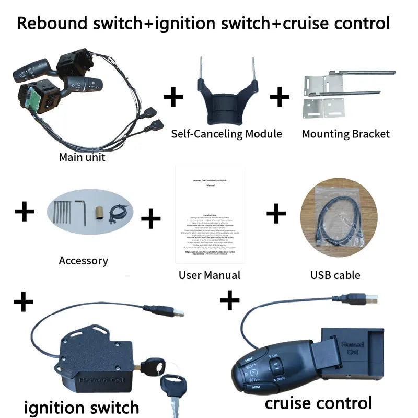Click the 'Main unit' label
[x=82, y=157]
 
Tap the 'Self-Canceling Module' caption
[x=226, y=134]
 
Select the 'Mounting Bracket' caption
[x=345, y=134]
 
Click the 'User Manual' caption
[x=209, y=275]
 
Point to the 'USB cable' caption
[x=335, y=275]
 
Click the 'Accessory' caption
[x=83, y=260]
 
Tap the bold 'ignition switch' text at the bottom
[x=82, y=407]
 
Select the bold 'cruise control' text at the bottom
[x=318, y=402]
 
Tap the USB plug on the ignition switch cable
[x=176, y=312]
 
